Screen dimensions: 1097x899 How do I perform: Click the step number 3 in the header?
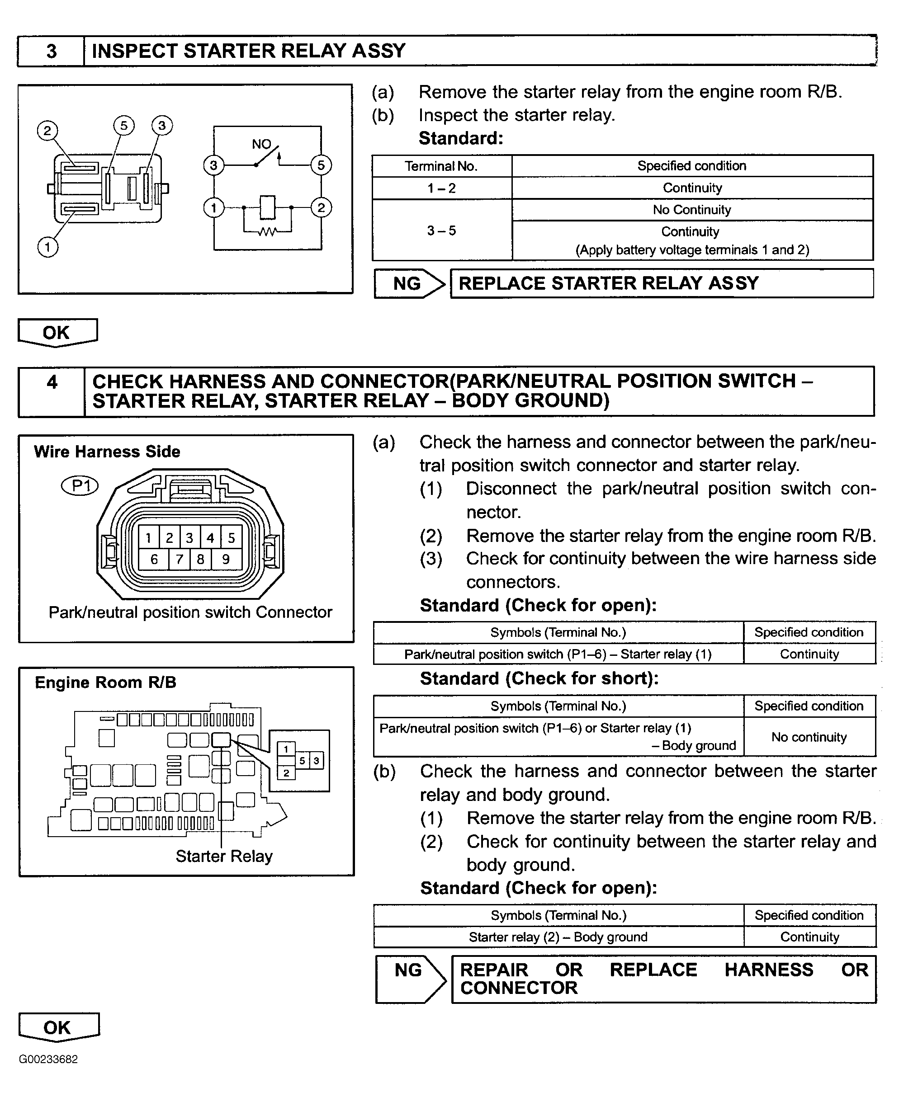click(51, 51)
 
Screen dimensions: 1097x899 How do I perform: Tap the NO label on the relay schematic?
click(261, 144)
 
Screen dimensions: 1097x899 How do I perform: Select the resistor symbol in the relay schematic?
click(267, 231)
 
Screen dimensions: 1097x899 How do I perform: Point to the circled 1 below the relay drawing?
click(47, 246)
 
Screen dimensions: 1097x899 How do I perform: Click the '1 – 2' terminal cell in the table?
click(442, 188)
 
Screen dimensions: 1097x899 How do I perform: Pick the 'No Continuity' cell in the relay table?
click(692, 210)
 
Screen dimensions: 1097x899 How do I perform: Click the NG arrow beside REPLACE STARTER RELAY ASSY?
click(410, 284)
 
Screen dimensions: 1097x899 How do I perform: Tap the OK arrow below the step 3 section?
click(57, 332)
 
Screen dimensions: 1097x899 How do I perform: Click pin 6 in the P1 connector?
click(154, 559)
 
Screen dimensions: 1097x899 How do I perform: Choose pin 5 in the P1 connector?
click(231, 538)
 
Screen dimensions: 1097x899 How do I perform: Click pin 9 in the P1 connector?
click(226, 559)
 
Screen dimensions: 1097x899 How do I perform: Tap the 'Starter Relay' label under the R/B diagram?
click(224, 856)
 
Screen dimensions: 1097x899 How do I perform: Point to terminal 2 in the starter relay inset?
click(286, 773)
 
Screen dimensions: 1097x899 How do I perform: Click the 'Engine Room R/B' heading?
click(106, 683)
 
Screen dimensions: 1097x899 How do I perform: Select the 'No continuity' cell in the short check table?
click(809, 737)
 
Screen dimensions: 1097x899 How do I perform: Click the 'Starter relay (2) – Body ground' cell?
click(558, 937)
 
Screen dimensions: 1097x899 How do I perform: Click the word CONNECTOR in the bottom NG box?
click(519, 988)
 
